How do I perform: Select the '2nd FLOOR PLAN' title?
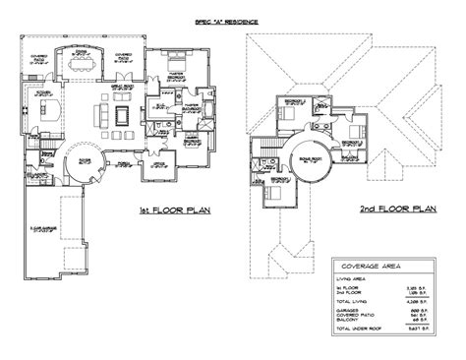(x=397, y=209)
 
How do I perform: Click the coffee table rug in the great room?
(x=122, y=116)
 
